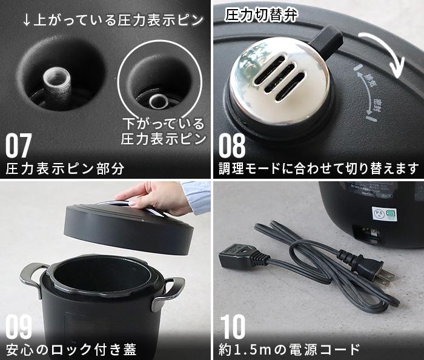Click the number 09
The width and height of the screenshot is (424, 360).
19,327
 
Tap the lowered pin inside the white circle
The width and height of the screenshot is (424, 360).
159,99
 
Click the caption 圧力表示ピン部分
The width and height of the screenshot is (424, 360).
65,168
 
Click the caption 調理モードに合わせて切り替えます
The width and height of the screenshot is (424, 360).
318,168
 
